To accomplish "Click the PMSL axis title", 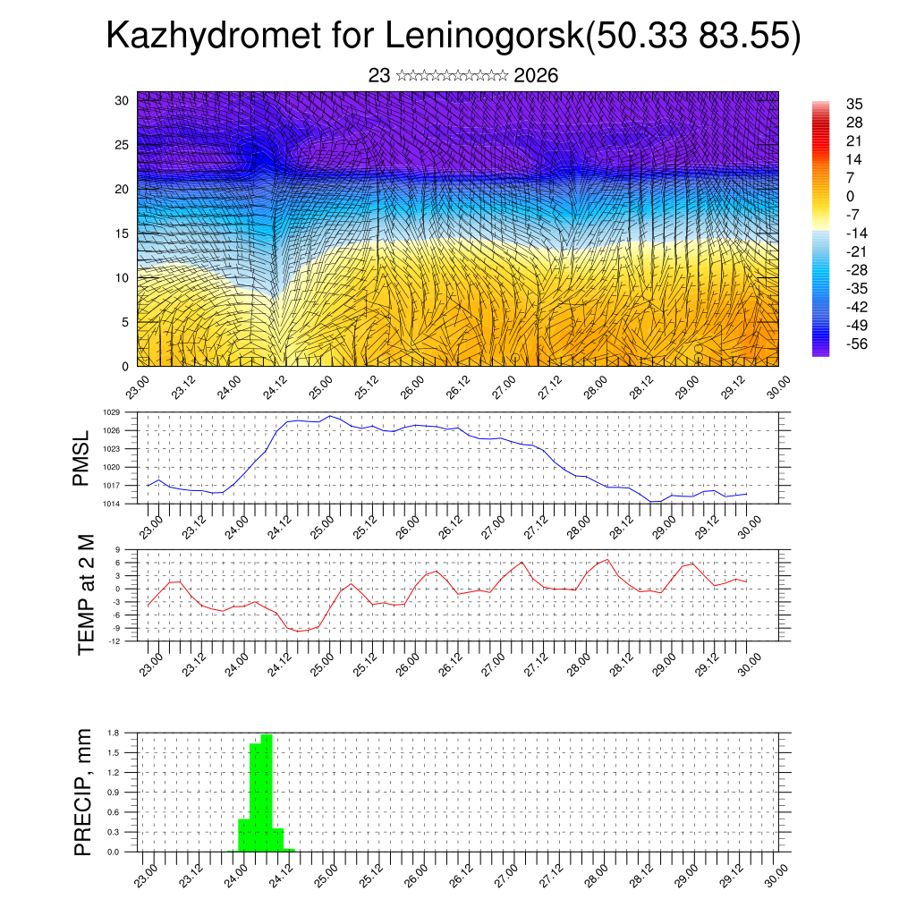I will [82, 459].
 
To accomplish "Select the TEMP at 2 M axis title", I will [86, 594].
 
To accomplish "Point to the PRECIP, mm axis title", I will [83, 792].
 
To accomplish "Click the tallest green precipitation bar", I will [267, 793].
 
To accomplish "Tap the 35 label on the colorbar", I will [854, 104].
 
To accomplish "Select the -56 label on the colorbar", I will [856, 343].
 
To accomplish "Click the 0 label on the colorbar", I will [850, 196].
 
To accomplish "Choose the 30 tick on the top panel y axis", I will [121, 100].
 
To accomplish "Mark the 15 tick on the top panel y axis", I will [121, 233].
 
